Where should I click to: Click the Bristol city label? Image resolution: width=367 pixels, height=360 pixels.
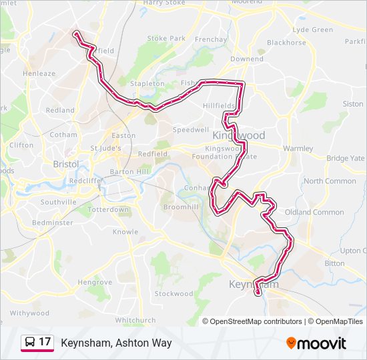pyautogui.click(x=66, y=164)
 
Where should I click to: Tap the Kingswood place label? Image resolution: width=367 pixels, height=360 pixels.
pyautogui.click(x=240, y=135)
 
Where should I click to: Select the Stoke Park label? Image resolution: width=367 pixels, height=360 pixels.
pyautogui.click(x=166, y=39)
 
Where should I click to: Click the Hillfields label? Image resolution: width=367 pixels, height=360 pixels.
pyautogui.click(x=219, y=106)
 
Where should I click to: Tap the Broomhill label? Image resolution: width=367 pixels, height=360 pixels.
pyautogui.click(x=181, y=208)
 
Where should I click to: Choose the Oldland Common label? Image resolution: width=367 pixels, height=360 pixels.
pyautogui.click(x=314, y=212)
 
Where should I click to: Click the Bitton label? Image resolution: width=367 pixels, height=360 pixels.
pyautogui.click(x=334, y=263)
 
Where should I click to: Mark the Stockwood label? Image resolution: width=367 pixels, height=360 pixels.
pyautogui.click(x=173, y=294)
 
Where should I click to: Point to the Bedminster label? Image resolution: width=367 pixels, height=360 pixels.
pyautogui.click(x=53, y=223)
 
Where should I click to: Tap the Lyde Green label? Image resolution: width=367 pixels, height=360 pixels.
pyautogui.click(x=313, y=30)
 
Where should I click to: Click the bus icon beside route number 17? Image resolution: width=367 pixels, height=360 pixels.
pyautogui.click(x=29, y=343)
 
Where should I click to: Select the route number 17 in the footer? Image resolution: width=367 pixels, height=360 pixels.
pyautogui.click(x=45, y=343)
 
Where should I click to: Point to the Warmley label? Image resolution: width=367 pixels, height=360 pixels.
pyautogui.click(x=298, y=148)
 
